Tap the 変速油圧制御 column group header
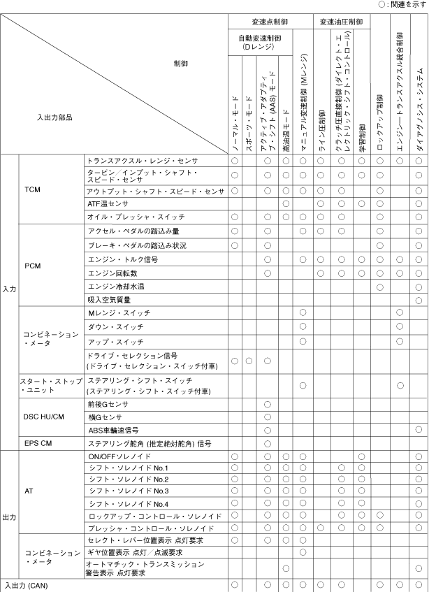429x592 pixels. click(341, 22)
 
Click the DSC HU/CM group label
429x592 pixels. click(43, 417)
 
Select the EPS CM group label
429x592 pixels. click(35, 443)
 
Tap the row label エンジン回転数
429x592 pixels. click(112, 273)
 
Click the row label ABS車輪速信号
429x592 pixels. click(112, 430)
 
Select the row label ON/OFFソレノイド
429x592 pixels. click(116, 456)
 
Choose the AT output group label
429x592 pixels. click(29, 491)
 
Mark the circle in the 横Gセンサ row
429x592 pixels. click(267, 417)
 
